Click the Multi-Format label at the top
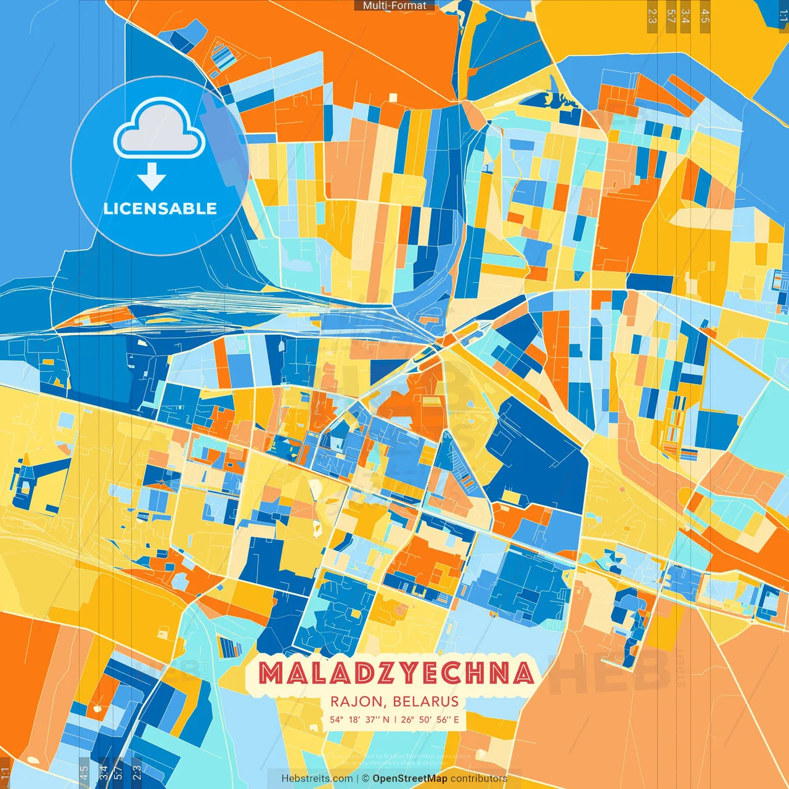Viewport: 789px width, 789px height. pos(394,6)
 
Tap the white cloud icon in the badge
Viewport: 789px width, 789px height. pos(159,131)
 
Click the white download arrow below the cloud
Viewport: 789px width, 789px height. pos(152,176)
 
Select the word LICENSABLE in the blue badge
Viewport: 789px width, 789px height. pos(160,208)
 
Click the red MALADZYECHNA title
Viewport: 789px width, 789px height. pos(396,673)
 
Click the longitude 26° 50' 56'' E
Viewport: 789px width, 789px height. pos(430,719)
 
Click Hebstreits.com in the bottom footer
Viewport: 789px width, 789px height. pos(317,779)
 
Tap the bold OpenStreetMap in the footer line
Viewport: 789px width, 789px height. pos(410,779)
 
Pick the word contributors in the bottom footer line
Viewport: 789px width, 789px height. pos(479,779)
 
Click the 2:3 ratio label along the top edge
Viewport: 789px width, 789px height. pos(652,16)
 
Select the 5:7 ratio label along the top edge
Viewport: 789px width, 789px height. pos(671,16)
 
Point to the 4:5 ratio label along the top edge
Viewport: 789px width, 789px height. pos(705,16)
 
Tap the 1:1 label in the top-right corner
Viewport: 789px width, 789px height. pos(783,16)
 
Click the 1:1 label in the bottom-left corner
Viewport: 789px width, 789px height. pos(5,773)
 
